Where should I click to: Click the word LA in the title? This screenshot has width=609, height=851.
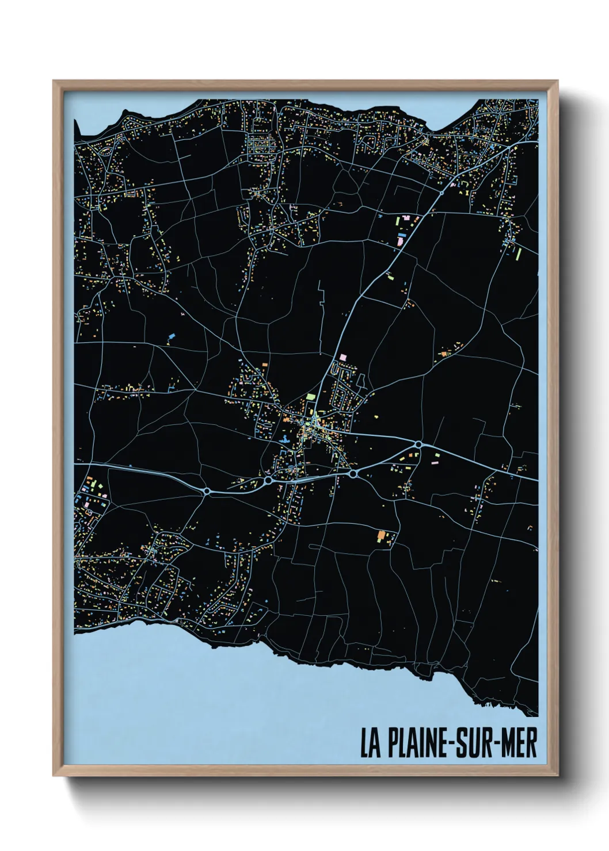pos(369,743)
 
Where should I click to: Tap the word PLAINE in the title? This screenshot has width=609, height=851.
pos(413,743)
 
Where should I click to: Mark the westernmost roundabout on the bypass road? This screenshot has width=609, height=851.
pos(207,491)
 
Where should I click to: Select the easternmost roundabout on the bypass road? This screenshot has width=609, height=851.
pos(417,444)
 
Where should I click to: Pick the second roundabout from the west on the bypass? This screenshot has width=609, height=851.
pos(268,480)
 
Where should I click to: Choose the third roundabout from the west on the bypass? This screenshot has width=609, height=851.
pos(352,473)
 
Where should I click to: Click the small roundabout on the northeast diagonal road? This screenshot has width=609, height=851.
pos(441,194)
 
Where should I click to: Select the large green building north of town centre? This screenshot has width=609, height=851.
pos(311,396)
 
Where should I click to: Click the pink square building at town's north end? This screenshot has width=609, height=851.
pos(344,357)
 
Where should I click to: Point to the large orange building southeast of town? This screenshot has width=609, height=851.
pos(380,535)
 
